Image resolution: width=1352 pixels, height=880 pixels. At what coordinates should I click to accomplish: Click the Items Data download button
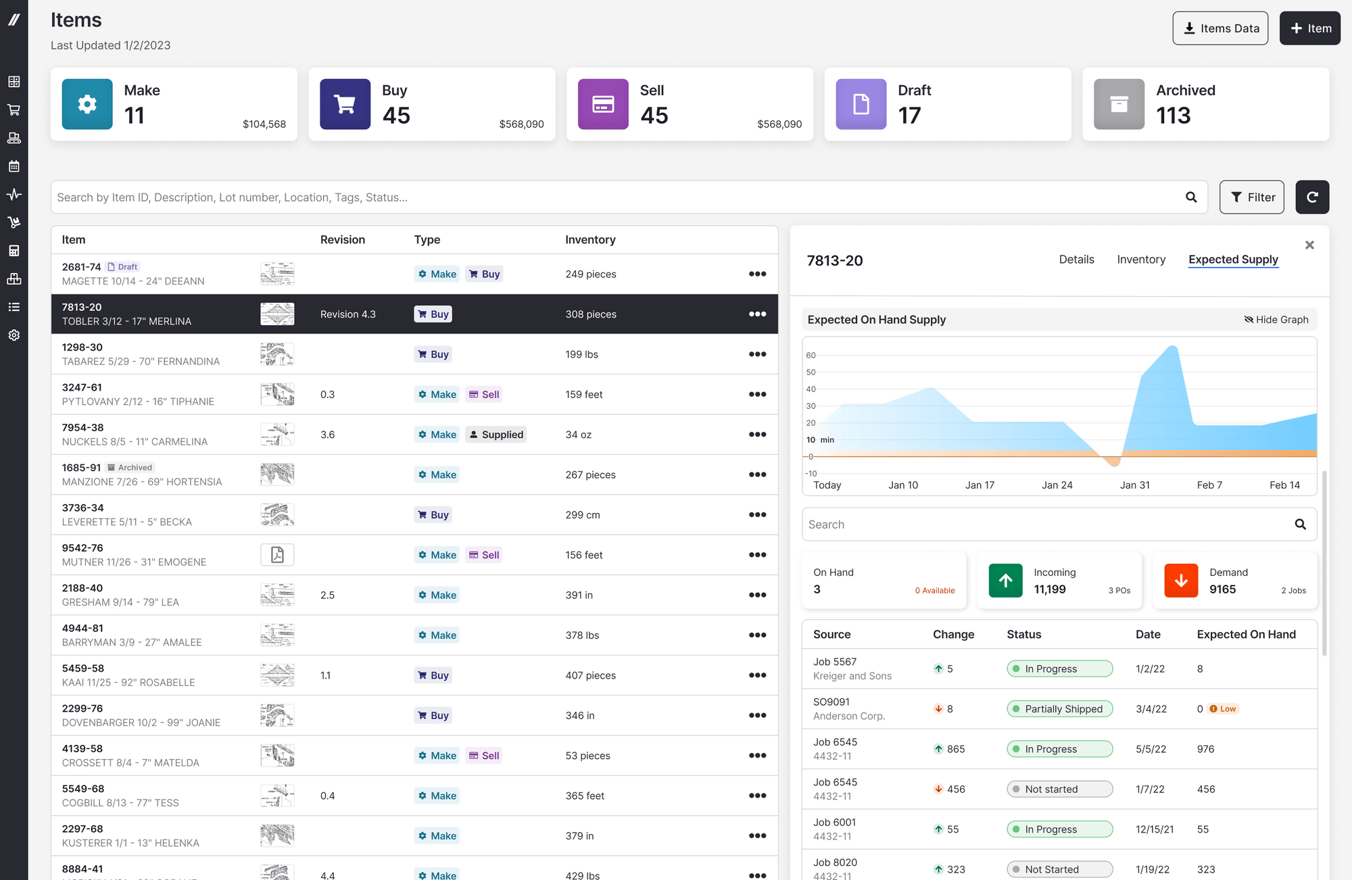coord(1220,28)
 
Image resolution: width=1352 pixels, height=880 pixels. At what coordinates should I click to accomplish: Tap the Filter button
coord(1252,197)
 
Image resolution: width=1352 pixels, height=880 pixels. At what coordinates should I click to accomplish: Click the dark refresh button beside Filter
coord(1312,197)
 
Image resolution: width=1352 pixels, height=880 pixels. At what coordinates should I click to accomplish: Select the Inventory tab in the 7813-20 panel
coord(1141,260)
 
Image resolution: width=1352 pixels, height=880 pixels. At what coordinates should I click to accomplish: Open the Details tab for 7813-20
coord(1076,260)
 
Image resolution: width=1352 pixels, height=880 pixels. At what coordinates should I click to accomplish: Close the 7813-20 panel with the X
coord(1309,245)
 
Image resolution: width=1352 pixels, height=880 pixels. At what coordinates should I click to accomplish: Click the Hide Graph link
coord(1276,320)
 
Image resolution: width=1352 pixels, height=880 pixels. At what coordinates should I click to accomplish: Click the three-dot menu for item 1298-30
coord(757,354)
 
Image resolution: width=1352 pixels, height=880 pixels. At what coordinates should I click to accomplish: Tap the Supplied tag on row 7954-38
coord(496,435)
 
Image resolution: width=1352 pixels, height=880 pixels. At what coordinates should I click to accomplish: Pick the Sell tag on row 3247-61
coord(484,395)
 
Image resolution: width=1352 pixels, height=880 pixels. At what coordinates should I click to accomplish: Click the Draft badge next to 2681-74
coord(123,267)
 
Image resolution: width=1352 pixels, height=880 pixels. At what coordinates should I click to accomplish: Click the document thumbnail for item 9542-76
coord(277,555)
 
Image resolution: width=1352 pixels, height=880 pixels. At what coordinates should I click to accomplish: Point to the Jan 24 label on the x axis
coord(1057,485)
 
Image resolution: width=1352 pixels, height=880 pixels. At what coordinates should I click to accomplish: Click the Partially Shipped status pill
coord(1059,709)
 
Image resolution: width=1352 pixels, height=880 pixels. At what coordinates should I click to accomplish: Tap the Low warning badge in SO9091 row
coord(1224,709)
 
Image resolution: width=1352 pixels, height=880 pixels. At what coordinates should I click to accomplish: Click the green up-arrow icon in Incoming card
coord(1005,581)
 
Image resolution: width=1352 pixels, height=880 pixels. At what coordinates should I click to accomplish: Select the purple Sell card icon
coord(603,104)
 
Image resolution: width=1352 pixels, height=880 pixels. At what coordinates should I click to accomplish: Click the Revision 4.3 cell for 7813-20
coord(348,314)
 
